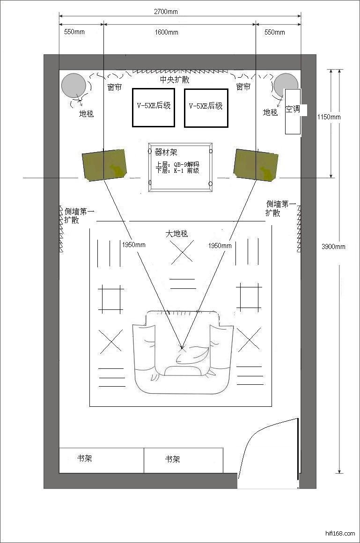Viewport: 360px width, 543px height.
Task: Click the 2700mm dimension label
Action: click(166, 12)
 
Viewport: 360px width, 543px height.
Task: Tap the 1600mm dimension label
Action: click(166, 32)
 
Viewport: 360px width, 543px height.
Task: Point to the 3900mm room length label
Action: click(333, 247)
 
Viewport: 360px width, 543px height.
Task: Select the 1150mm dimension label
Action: click(329, 117)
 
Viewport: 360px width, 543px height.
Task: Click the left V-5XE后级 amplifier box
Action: click(154, 107)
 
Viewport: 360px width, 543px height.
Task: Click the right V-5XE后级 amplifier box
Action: click(206, 108)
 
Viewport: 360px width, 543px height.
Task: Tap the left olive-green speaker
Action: click(104, 164)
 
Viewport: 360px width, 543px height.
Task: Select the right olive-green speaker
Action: click(256, 165)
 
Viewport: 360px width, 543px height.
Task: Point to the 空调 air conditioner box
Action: click(293, 111)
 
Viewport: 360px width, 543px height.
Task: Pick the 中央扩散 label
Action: click(175, 80)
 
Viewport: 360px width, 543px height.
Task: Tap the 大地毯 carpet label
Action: click(176, 234)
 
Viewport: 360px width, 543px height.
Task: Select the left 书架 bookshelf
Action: click(102, 460)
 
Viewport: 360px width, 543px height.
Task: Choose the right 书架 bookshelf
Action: click(184, 460)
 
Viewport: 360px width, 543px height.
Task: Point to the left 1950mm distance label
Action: click(134, 245)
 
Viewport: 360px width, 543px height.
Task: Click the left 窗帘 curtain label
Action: click(114, 87)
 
